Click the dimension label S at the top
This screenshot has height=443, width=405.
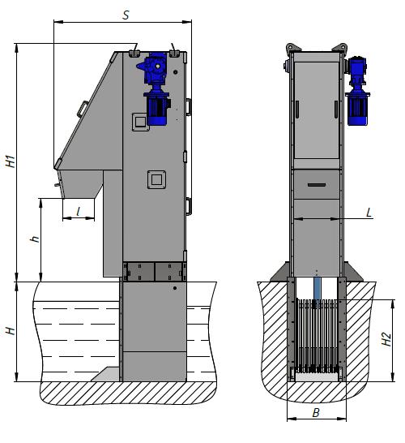tap(126, 15)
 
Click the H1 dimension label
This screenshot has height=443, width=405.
tap(11, 161)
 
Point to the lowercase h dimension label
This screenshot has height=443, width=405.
tap(35, 239)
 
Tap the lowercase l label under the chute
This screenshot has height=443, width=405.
tap(79, 211)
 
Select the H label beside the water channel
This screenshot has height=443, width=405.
tap(11, 331)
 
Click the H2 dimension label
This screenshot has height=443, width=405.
tap(386, 339)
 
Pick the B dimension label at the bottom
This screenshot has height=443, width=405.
tap(316, 413)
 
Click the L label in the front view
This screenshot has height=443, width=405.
tap(369, 213)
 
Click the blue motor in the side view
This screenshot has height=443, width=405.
tap(154, 88)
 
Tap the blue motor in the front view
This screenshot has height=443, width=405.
tap(358, 91)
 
